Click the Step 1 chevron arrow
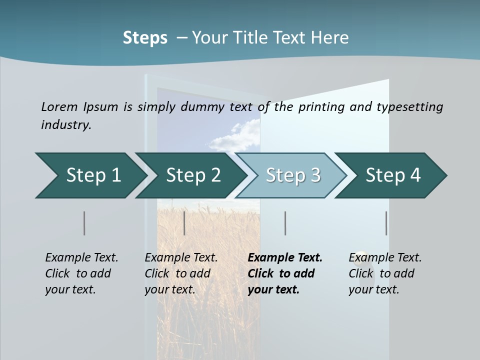pos(90,175)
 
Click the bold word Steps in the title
pos(145,38)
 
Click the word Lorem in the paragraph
pos(59,106)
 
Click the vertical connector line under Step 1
pos(84,223)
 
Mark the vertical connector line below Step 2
pos(184,223)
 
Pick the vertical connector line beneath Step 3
pos(285,223)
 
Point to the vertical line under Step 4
pos(386,223)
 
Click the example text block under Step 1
pos(81,273)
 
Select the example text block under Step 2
pos(181,273)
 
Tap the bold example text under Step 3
pos(285,273)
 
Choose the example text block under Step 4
pos(385,273)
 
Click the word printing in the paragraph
pos(321,106)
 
